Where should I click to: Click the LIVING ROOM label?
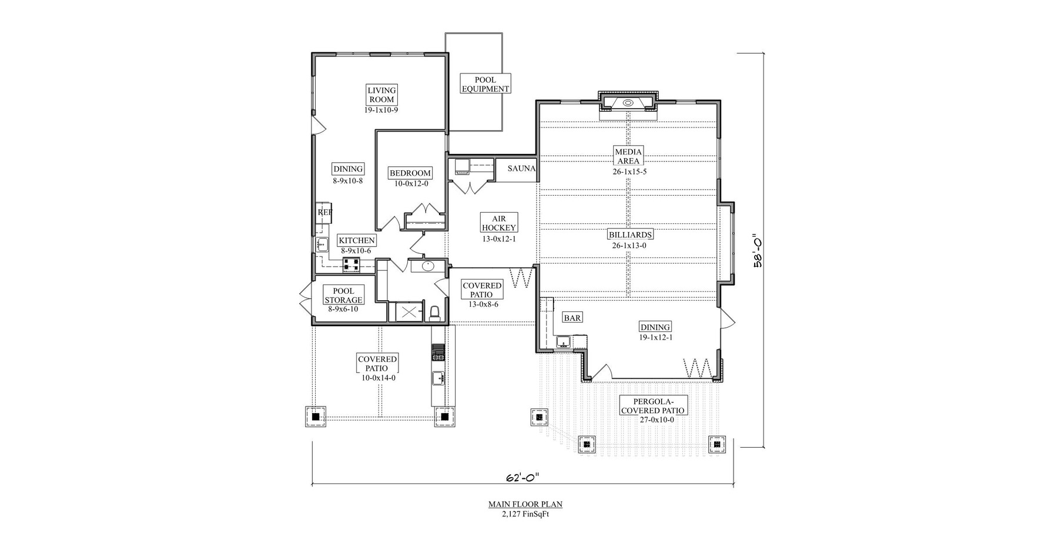381,95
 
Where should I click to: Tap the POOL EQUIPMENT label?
485,84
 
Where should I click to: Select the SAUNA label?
521,169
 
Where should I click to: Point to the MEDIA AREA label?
628,156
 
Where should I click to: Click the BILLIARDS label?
630,235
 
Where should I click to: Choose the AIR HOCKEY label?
498,223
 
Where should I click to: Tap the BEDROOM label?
410,173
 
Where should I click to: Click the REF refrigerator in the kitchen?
324,213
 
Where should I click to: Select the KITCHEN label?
356,240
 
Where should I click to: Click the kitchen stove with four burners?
351,265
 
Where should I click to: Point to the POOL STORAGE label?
343,296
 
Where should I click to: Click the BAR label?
572,318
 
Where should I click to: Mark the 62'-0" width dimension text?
522,478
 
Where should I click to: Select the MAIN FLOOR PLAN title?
525,504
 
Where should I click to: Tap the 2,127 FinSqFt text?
525,514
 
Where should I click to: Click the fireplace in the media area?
628,103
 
